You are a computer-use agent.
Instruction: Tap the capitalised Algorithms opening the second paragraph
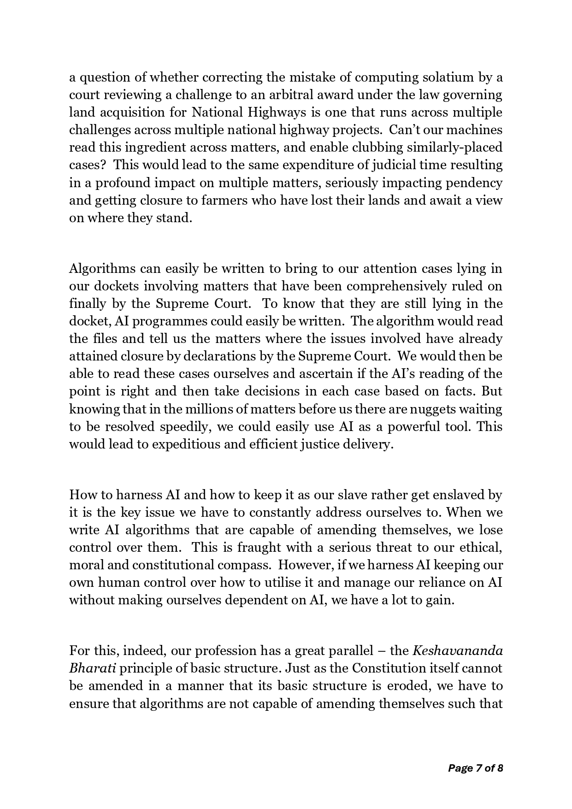pos(102,268)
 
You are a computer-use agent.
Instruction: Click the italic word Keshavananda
pos(458,650)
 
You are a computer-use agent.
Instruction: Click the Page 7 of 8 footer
pos(475,768)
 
